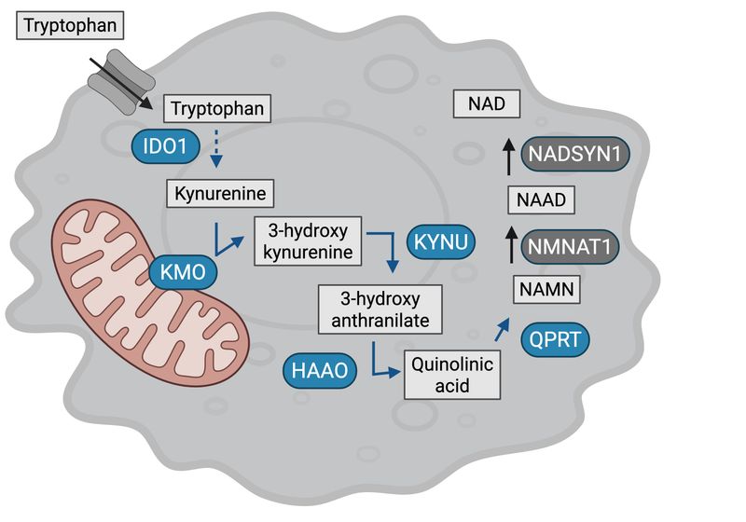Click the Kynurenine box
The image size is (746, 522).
pos(220,195)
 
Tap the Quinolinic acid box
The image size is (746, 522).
pos(451,373)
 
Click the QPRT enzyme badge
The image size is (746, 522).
pos(556,338)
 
